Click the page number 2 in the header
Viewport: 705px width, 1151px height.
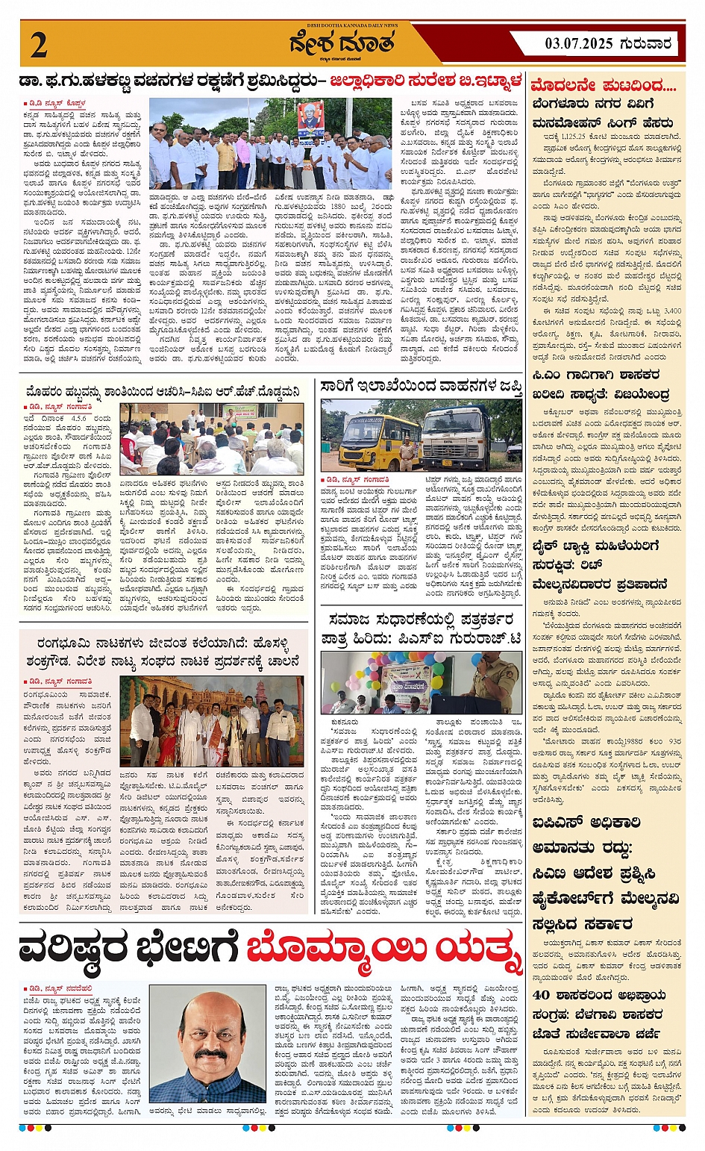40,46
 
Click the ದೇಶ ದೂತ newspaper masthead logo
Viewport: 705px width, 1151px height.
342,45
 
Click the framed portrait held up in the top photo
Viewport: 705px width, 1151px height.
310,119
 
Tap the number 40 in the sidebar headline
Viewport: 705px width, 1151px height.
542,995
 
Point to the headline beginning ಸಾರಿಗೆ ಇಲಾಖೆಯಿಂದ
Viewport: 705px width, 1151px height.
422,387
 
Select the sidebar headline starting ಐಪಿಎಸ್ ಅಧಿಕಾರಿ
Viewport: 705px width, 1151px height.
587,823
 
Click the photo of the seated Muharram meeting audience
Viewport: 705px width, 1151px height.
212,439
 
